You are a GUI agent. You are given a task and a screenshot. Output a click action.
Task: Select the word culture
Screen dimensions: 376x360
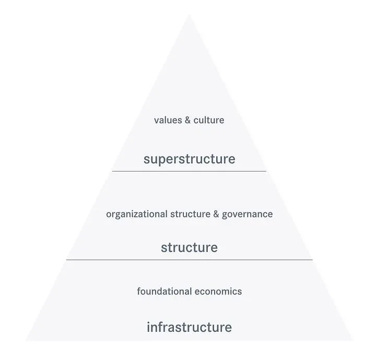pyautogui.click(x=209, y=120)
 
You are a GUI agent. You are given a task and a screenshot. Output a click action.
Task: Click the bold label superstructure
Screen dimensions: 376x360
pyautogui.click(x=189, y=159)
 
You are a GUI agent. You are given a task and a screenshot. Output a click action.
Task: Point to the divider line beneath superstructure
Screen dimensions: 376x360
pyautogui.click(x=189, y=171)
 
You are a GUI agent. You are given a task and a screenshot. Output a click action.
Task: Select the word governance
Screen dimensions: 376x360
pyautogui.click(x=247, y=214)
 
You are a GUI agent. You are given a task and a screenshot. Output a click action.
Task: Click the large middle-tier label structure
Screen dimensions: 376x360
pyautogui.click(x=189, y=247)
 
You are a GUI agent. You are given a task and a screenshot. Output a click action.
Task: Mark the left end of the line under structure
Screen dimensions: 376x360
pyautogui.click(x=67, y=259)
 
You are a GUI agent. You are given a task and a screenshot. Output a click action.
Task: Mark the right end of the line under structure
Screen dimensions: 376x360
pyautogui.click(x=312, y=259)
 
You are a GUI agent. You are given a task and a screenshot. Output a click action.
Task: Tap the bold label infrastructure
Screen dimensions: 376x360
pyautogui.click(x=189, y=327)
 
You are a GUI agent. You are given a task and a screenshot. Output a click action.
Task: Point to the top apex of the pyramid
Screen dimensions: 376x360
pyautogui.click(x=189, y=15)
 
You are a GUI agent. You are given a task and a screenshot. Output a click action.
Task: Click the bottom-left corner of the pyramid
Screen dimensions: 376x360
pyautogui.click(x=26, y=340)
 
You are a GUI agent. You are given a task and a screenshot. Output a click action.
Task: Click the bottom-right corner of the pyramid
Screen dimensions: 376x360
pyautogui.click(x=352, y=340)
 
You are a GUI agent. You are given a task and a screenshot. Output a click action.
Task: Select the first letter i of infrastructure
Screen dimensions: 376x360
pyautogui.click(x=148, y=327)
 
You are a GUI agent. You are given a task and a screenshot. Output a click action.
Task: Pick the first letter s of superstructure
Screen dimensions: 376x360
pyautogui.click(x=147, y=160)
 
